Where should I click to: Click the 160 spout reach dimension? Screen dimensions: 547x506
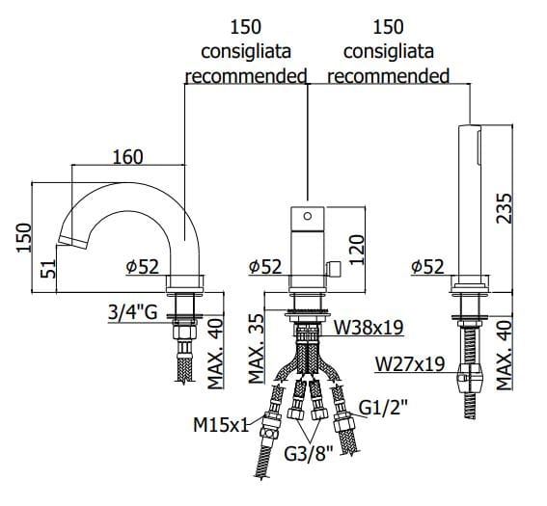coord(127,157)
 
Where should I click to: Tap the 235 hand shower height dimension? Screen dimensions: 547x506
coord(505,208)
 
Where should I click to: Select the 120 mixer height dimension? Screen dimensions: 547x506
coord(357,250)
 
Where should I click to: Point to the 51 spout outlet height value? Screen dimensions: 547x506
coord(48,268)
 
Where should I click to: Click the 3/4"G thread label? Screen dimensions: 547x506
coord(132,312)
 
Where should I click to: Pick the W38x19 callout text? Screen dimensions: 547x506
coord(369,327)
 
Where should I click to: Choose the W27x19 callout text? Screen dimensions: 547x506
coord(410,364)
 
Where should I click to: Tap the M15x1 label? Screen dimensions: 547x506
coord(221,425)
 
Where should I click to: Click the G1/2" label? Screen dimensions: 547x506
coord(383,408)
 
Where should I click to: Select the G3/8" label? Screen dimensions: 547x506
coord(309,454)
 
